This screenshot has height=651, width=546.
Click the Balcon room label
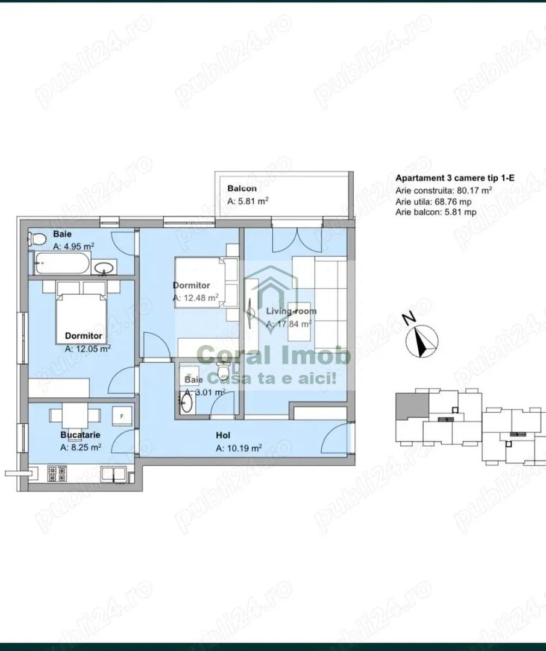(242, 189)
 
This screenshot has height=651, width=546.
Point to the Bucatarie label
(80, 434)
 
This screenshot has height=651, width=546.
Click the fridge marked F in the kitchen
(122, 415)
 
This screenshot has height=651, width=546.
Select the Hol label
(224, 435)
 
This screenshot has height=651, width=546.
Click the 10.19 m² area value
(239, 448)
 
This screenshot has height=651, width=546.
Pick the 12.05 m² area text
(87, 348)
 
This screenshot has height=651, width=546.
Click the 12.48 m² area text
(195, 298)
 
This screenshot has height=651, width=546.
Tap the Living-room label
(291, 312)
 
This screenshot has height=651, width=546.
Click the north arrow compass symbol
(423, 341)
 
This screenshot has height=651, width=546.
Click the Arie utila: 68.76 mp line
(436, 201)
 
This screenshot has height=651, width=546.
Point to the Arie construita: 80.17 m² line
(444, 190)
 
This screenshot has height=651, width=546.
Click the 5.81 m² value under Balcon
(248, 202)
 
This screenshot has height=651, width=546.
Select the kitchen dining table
(75, 416)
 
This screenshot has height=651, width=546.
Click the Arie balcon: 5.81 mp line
(436, 212)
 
